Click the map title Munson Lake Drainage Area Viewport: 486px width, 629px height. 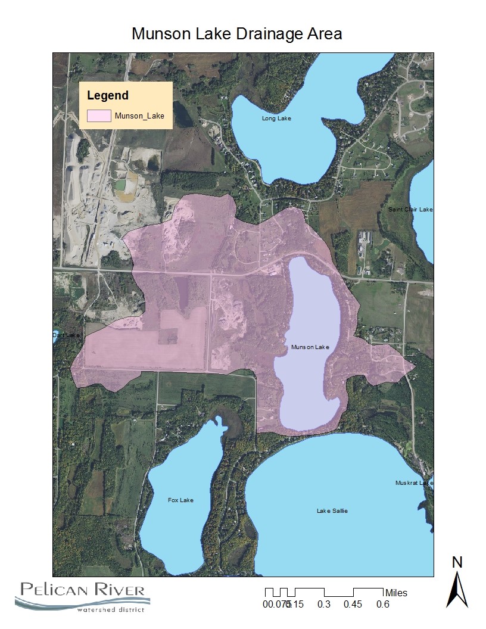point(237,34)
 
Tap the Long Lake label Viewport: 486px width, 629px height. point(276,119)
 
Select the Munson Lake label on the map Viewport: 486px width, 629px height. point(310,347)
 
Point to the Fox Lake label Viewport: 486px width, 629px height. point(180,500)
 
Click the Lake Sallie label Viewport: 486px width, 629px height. point(332,511)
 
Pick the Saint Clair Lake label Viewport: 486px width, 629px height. point(410,210)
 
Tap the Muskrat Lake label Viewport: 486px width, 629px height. point(414,483)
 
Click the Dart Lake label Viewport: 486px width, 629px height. point(66,335)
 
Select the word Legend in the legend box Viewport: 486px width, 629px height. point(108,95)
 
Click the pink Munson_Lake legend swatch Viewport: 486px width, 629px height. point(99,116)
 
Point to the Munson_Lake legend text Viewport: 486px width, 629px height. point(139,116)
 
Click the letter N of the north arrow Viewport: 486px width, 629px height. point(457,562)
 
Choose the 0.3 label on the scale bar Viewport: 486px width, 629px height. point(324,604)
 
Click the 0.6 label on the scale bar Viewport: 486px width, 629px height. point(382,604)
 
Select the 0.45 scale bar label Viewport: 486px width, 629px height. point(354,604)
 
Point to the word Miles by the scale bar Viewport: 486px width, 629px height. point(397,593)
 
